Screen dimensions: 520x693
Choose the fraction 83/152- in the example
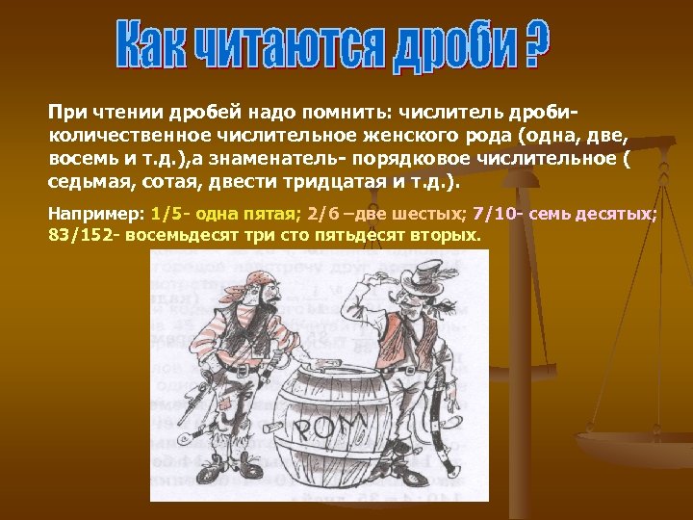(84, 234)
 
